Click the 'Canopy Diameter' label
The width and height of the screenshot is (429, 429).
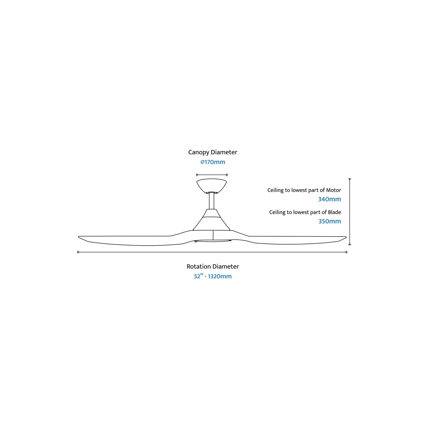pyautogui.click(x=213, y=152)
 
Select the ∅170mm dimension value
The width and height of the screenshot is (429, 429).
pyautogui.click(x=213, y=162)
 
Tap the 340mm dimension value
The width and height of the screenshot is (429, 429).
pyautogui.click(x=329, y=199)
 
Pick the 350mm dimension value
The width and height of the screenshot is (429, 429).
pyautogui.click(x=330, y=221)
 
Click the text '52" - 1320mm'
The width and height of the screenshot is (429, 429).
pyautogui.click(x=213, y=276)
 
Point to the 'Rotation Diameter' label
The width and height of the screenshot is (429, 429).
pyautogui.click(x=213, y=266)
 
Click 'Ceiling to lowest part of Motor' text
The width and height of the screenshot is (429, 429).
pyautogui.click(x=304, y=190)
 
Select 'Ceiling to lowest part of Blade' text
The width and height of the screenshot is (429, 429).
pyautogui.click(x=305, y=212)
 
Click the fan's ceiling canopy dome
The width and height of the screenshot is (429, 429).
pyautogui.click(x=212, y=186)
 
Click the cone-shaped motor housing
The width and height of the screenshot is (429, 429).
pyautogui.click(x=212, y=220)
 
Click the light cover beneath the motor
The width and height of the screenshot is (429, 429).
pyautogui.click(x=213, y=241)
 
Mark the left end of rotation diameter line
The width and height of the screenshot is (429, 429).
pyautogui.click(x=78, y=252)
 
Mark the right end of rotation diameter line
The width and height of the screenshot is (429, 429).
pyautogui.click(x=347, y=252)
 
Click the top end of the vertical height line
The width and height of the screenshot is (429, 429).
pyautogui.click(x=350, y=179)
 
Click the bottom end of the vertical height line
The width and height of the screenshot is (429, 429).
pyautogui.click(x=350, y=245)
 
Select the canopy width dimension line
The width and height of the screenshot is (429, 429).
pyautogui.click(x=212, y=175)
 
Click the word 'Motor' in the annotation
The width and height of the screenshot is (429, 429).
pyautogui.click(x=334, y=190)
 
